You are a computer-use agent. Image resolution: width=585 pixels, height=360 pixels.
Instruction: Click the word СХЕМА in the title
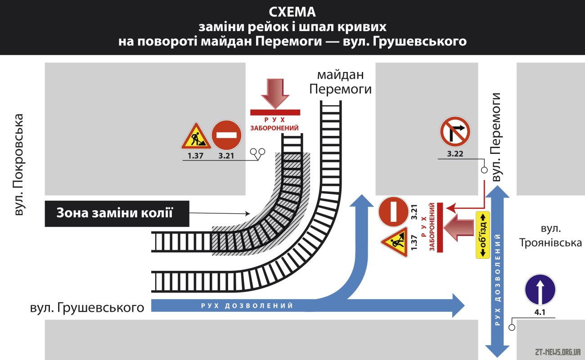pyautogui.click(x=292, y=12)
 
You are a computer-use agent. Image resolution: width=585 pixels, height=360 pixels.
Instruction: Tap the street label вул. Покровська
pyautogui.click(x=18, y=165)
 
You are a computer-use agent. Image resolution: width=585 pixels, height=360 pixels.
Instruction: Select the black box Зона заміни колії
pyautogui.click(x=117, y=213)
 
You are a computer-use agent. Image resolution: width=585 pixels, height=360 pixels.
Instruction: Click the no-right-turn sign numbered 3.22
pyautogui.click(x=455, y=131)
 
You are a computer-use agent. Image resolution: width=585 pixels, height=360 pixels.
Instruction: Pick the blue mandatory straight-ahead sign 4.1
pyautogui.click(x=540, y=289)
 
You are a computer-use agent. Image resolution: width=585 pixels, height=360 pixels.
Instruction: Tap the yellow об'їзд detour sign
pyautogui.click(x=482, y=235)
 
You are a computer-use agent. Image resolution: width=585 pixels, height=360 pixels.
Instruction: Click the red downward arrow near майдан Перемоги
pyautogui.click(x=275, y=94)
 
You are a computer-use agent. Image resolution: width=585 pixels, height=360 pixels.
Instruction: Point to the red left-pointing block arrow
pyautogui.click(x=459, y=228)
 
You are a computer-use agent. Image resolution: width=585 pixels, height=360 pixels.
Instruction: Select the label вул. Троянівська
pyautogui.click(x=550, y=236)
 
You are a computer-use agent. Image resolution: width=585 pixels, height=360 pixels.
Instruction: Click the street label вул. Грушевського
pyautogui.click(x=87, y=307)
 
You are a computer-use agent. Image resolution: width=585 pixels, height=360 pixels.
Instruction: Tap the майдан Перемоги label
pyautogui.click(x=340, y=82)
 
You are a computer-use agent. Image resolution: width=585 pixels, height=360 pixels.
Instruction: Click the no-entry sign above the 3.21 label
pyautogui.click(x=226, y=135)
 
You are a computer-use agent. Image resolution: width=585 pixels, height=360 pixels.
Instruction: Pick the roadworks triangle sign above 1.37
pyautogui.click(x=196, y=136)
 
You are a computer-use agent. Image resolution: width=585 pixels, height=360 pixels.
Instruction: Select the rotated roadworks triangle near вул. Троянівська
pyautogui.click(x=395, y=242)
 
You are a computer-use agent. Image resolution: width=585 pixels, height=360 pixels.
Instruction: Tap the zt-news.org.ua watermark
pyautogui.click(x=558, y=352)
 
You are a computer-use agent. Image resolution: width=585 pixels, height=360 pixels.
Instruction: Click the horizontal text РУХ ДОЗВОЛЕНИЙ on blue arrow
pyautogui.click(x=247, y=306)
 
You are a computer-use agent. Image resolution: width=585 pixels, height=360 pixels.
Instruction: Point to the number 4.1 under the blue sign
pyautogui.click(x=540, y=312)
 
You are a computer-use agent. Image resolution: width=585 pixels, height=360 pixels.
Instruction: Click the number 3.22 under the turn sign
pyautogui.click(x=455, y=153)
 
